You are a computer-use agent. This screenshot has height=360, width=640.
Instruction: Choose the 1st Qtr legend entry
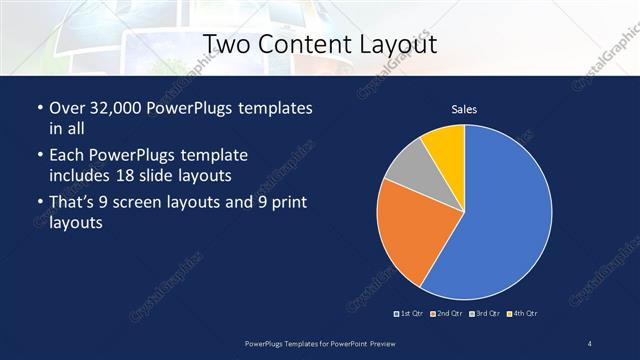(410, 314)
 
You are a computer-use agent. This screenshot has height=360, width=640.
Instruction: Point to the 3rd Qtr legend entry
(485, 314)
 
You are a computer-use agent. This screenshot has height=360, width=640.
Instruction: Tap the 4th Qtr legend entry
(523, 314)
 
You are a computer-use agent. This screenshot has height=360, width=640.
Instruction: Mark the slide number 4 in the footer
(589, 344)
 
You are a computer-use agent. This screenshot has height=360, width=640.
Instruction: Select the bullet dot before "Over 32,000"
(39, 108)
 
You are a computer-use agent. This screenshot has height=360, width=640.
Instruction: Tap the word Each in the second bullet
(66, 156)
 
